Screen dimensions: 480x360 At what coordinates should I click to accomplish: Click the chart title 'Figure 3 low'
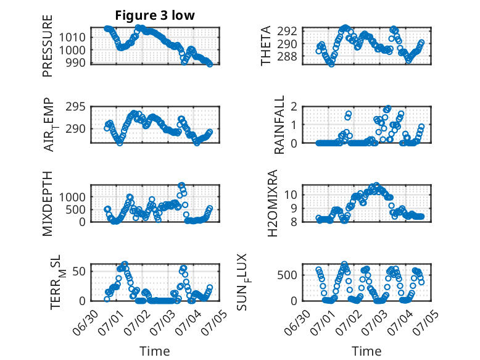coord(155,15)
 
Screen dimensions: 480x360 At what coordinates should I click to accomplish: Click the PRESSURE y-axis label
coord(48,46)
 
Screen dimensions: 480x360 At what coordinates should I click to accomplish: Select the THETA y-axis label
coord(266,46)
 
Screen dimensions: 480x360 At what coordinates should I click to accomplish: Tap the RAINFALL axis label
coord(279,125)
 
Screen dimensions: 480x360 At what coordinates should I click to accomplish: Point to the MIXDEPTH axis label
coord(48,204)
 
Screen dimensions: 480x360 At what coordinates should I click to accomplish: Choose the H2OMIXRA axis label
coord(272,203)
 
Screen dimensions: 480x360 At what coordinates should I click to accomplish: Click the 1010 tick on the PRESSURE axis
coord(72,38)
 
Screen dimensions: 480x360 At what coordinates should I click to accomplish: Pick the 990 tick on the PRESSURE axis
coord(75,62)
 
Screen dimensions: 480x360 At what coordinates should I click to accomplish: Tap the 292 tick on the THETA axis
coord(287,31)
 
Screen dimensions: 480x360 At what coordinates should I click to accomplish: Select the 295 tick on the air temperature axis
coord(75,107)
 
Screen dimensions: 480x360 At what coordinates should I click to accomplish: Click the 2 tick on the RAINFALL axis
coord(294,107)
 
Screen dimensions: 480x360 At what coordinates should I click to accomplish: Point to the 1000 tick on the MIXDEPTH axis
coord(72,197)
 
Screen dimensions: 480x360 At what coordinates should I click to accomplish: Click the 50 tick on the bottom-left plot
coord(79,271)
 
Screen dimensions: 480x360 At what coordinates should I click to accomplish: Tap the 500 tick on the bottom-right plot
coord(287,275)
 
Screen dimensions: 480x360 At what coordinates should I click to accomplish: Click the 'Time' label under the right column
coord(366,351)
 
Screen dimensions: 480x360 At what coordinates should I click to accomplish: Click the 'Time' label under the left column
coord(155,351)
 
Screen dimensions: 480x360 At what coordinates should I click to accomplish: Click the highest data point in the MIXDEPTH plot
coord(181,185)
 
